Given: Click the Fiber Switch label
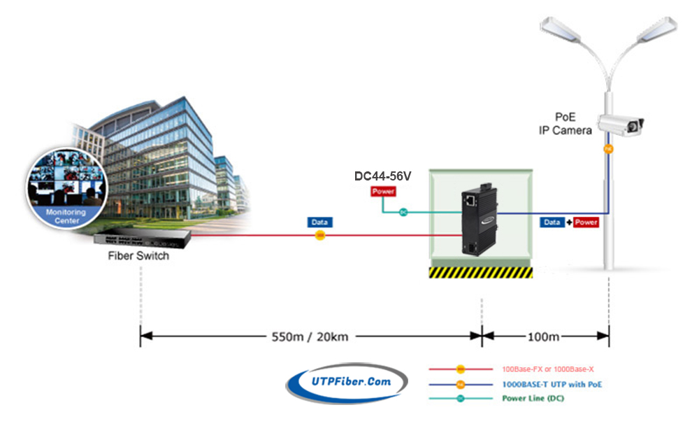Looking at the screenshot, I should (x=138, y=256).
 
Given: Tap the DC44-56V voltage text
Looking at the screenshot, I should (x=382, y=176).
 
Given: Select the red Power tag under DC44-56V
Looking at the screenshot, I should (x=383, y=192).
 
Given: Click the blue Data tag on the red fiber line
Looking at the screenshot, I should (x=320, y=222).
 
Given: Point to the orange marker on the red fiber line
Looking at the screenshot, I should (x=320, y=236).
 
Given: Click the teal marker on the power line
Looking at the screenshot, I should (x=403, y=212).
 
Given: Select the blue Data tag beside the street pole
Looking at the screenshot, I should (x=552, y=222).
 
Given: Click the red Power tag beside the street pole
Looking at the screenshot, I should (x=586, y=222).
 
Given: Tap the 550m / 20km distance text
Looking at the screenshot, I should (x=310, y=336).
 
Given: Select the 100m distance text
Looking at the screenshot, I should (x=543, y=336).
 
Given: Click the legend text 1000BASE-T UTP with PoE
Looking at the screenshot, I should (x=552, y=384).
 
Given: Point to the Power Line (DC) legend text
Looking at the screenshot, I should (x=533, y=399).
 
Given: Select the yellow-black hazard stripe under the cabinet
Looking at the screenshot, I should (x=480, y=272).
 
